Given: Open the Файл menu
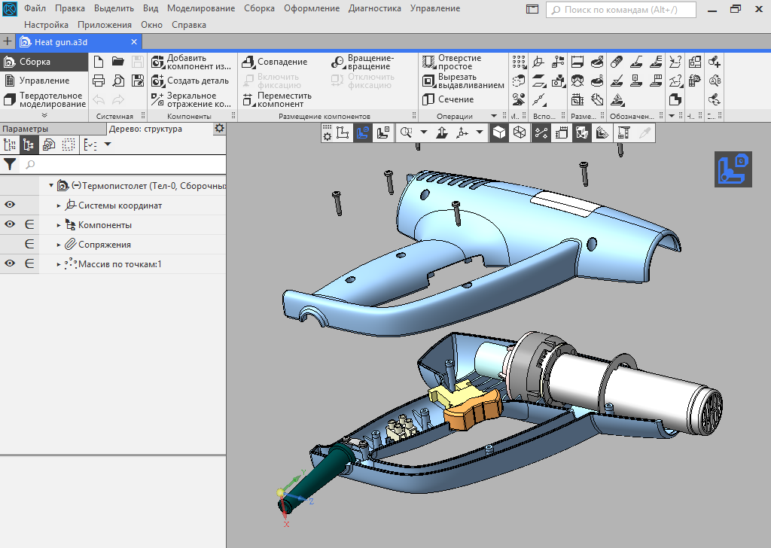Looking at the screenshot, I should tap(35, 8).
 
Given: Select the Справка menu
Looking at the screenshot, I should tap(189, 25).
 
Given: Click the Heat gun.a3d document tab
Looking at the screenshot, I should tap(60, 42).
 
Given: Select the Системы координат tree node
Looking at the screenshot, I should tap(120, 205).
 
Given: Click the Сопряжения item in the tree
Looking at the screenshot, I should tap(104, 245).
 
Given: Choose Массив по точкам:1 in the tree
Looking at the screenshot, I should tap(119, 264).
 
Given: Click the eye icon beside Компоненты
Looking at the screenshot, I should tap(10, 224).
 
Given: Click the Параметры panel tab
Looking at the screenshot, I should tap(24, 129).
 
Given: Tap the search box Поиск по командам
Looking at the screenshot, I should tap(632, 10).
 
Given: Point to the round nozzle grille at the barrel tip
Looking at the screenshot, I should tap(709, 410).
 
